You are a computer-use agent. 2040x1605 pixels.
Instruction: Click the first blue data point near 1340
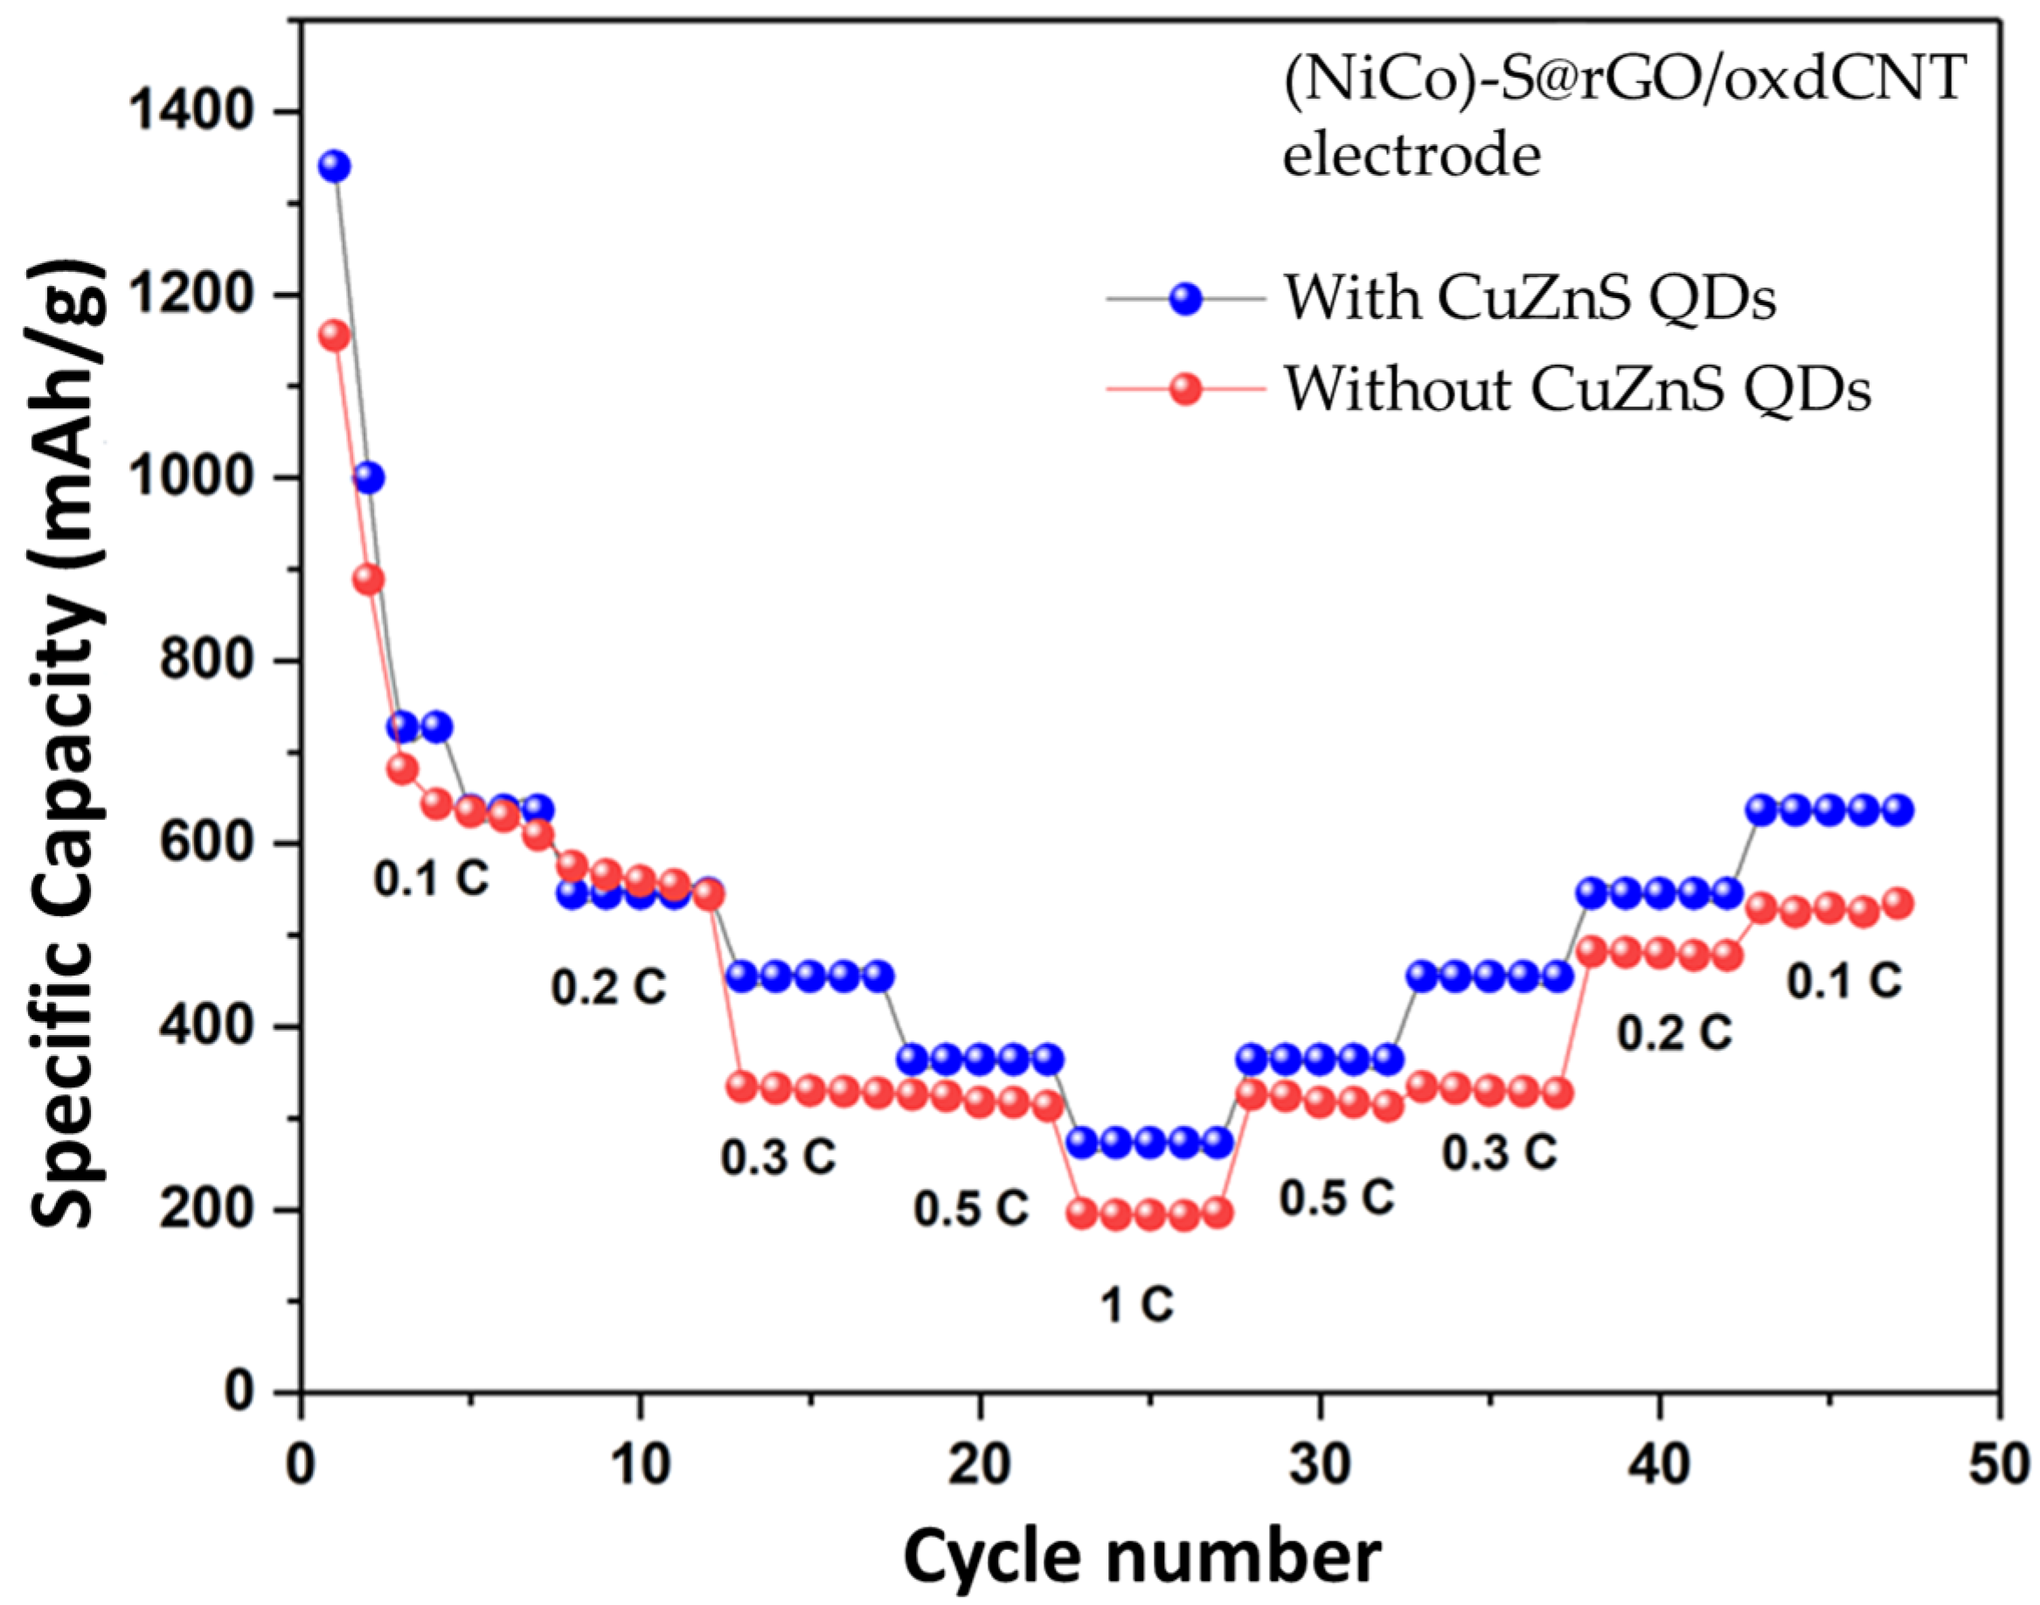click(335, 166)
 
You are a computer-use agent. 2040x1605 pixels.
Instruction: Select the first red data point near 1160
click(335, 336)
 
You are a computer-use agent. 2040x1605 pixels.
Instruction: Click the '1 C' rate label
click(1137, 1304)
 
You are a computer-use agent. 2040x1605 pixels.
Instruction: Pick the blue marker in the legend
click(1186, 300)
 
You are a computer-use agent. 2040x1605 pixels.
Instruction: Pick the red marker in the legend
click(1186, 388)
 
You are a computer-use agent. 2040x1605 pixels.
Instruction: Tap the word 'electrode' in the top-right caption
click(1412, 155)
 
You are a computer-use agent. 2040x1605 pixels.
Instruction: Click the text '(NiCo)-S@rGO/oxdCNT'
click(1624, 78)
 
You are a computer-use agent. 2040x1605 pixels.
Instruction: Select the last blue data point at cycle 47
click(1898, 810)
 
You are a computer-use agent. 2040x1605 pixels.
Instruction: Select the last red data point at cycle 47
click(1898, 903)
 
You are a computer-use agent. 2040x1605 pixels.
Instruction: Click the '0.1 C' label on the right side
click(1843, 981)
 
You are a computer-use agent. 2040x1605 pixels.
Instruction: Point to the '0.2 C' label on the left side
click(608, 987)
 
